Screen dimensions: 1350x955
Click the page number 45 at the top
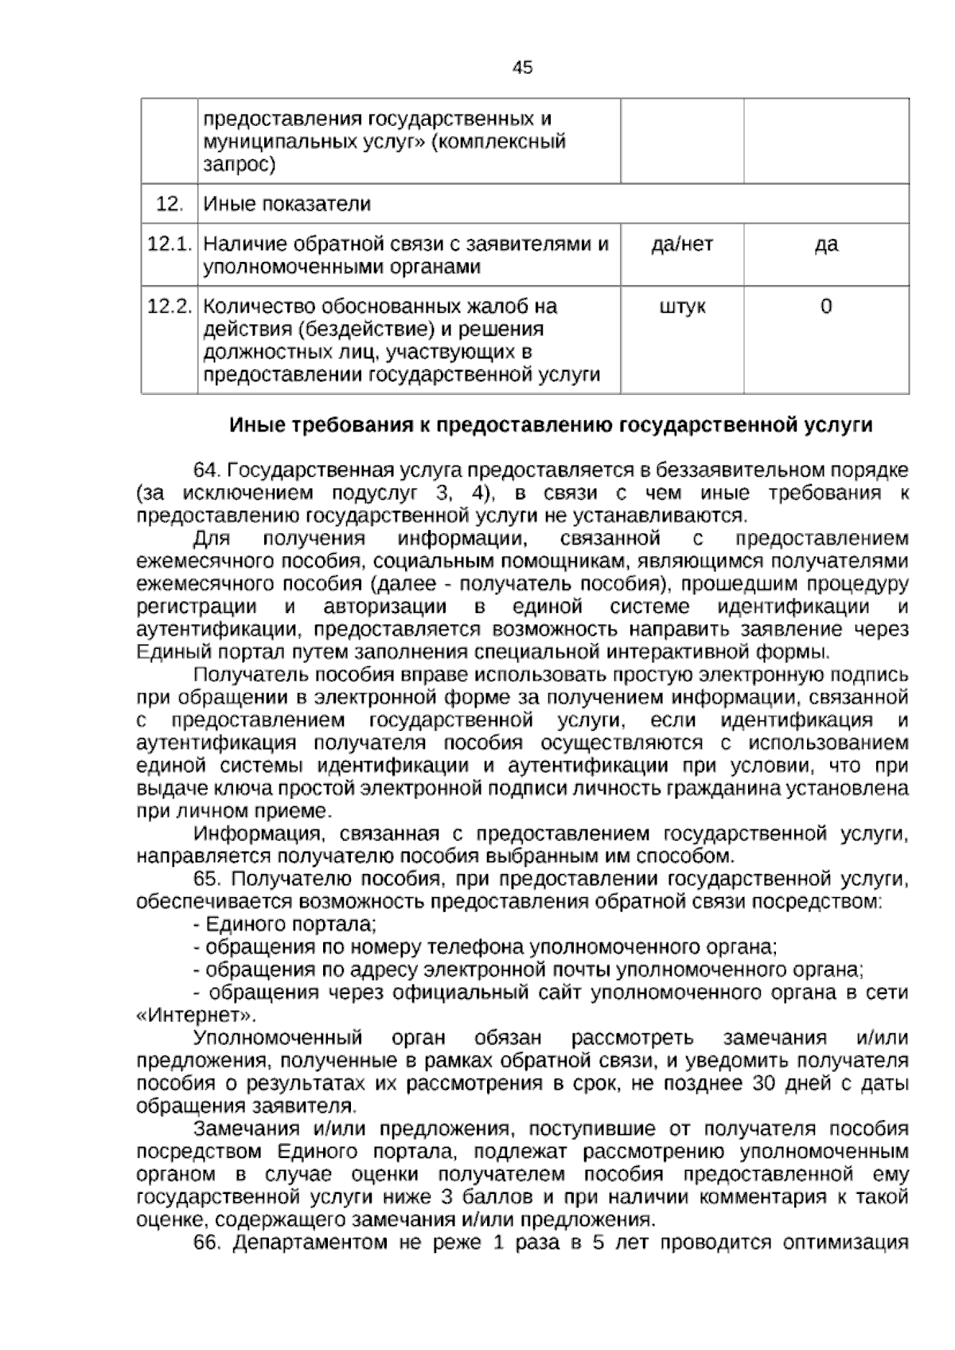[522, 68]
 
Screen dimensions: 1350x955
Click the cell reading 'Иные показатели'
[287, 204]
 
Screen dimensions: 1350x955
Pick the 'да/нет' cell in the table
[682, 244]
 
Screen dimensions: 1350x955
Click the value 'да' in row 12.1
[826, 244]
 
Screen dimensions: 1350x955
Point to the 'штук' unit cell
[682, 306]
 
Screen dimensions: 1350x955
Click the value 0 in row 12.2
[826, 306]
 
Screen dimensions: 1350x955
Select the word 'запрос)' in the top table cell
[240, 166]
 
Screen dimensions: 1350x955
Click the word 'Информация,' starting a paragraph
[258, 834]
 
